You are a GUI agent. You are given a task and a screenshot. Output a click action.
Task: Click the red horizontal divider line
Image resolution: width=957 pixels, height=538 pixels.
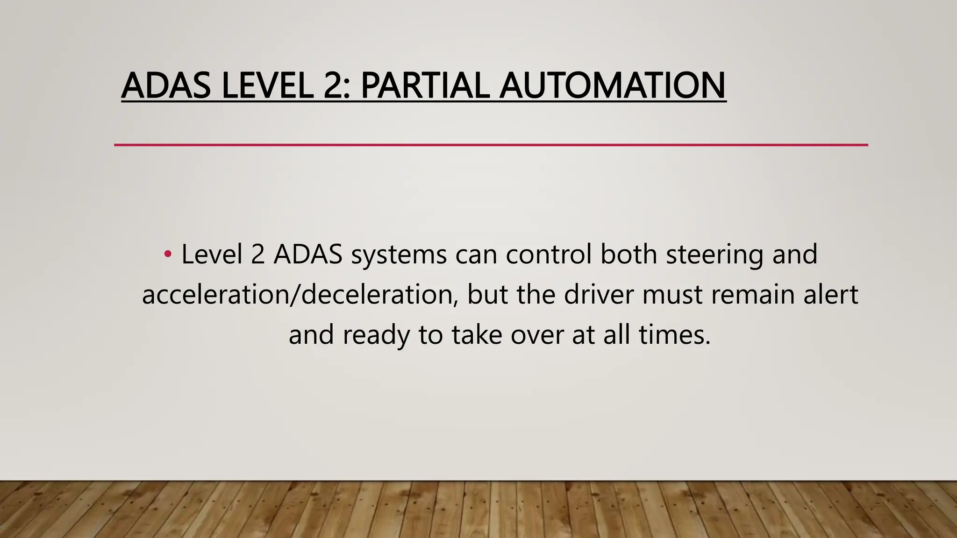coord(491,145)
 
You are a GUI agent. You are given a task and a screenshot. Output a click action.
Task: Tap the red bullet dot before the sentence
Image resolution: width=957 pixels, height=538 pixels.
coord(167,255)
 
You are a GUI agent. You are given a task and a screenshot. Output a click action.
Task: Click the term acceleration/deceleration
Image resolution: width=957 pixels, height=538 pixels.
coord(300,295)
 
